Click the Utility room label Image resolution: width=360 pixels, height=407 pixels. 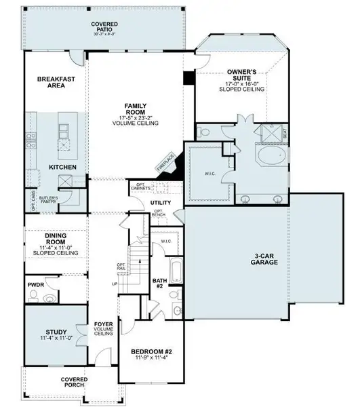coord(161,202)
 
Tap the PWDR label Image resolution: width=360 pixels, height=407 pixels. coord(35,286)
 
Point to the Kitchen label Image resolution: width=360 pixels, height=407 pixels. coord(62,166)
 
